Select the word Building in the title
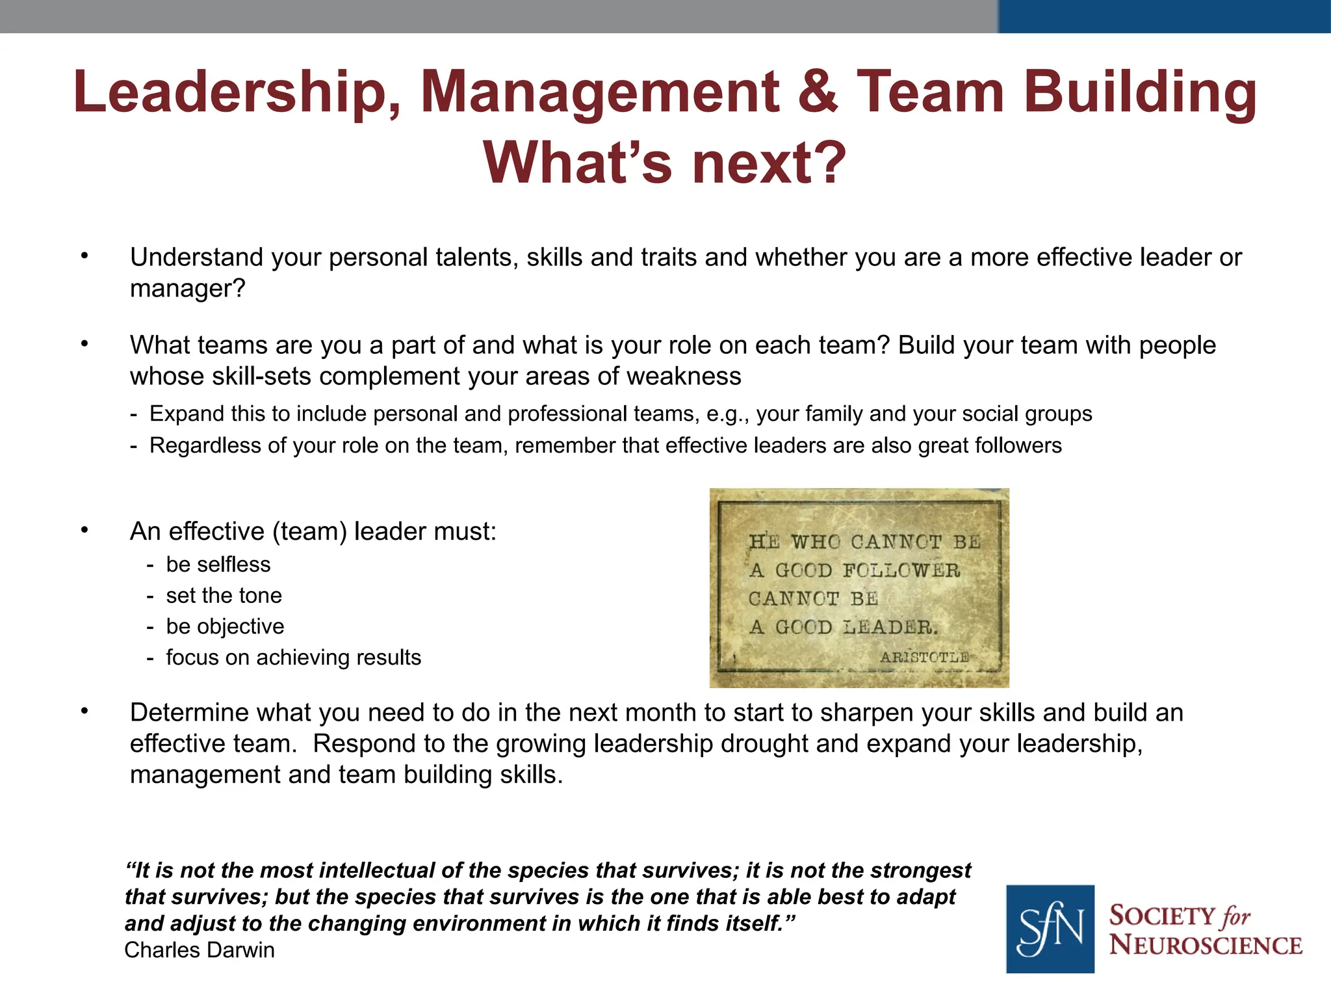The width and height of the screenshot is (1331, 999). tap(1141, 92)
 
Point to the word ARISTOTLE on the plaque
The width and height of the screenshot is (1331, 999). tap(924, 658)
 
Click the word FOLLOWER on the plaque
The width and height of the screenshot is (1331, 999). tap(901, 570)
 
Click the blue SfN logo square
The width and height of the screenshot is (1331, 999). tap(1050, 928)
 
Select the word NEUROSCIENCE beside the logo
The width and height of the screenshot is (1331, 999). tap(1206, 945)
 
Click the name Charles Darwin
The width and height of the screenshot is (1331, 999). tap(200, 950)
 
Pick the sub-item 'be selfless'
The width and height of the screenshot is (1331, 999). tap(218, 565)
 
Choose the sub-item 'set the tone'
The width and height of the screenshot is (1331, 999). tap(224, 596)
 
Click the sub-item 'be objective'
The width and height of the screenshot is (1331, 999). tap(226, 626)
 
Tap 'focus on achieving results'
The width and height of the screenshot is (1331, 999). tap(294, 658)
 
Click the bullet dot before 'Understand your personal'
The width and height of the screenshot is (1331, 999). tap(84, 256)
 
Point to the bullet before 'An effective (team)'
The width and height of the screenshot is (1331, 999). tap(84, 530)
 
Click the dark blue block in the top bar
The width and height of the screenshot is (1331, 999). tap(1164, 16)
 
